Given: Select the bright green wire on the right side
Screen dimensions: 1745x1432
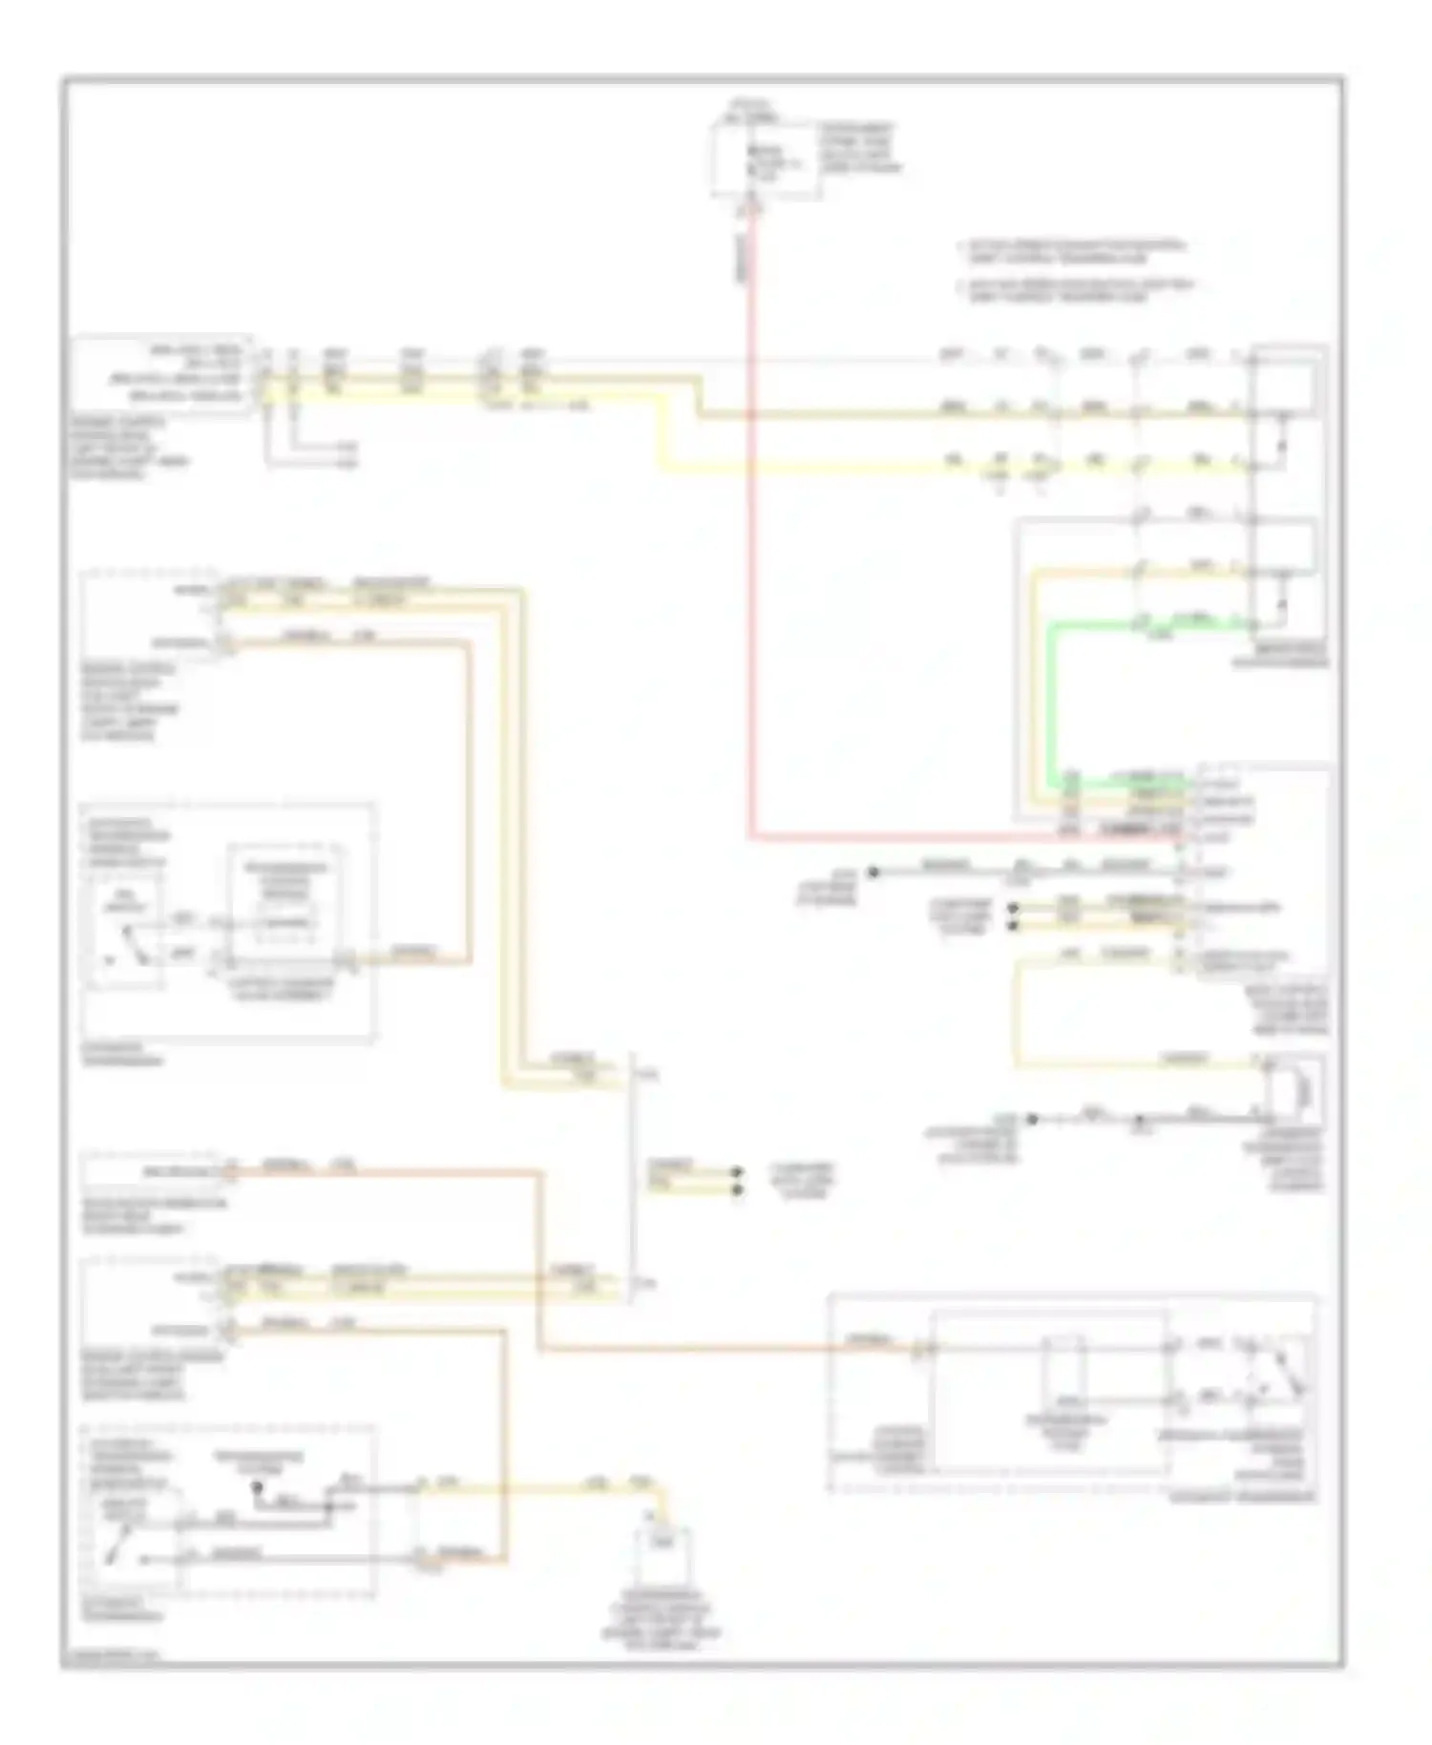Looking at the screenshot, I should click(x=1051, y=706).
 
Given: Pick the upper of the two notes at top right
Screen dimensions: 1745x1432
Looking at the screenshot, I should click(x=1075, y=250).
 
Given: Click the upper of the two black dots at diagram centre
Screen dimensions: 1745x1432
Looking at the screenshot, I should click(x=737, y=1171).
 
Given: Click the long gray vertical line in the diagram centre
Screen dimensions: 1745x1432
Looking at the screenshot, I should click(x=631, y=1174).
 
